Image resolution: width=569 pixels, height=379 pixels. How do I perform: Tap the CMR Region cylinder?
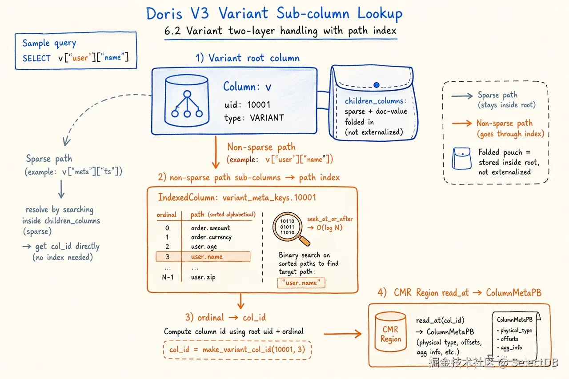(x=390, y=332)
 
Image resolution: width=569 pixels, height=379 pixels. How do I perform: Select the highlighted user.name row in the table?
(x=203, y=257)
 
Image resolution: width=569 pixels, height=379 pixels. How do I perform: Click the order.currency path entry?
(x=211, y=237)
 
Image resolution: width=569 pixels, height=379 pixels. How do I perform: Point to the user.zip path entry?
(x=203, y=277)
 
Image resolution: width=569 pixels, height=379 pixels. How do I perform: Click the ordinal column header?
(x=166, y=215)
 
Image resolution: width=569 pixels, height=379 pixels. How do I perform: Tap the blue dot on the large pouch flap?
(x=377, y=85)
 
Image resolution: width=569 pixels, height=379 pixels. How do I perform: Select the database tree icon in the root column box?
(x=187, y=101)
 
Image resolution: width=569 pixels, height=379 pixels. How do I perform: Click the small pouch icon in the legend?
(x=461, y=159)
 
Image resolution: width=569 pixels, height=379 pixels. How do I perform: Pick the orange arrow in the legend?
(x=461, y=124)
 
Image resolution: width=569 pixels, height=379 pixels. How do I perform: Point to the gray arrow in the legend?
(x=462, y=96)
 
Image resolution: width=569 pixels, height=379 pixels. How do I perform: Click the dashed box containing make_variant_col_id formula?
(x=237, y=350)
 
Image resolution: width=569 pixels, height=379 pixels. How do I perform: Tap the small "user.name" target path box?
(x=301, y=283)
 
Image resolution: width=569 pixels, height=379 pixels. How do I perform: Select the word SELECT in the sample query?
(x=36, y=58)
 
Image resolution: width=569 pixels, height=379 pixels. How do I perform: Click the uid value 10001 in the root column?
(x=259, y=104)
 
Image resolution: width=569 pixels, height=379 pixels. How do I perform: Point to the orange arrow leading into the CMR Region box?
(x=343, y=334)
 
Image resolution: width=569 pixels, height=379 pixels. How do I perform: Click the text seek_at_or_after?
(x=330, y=219)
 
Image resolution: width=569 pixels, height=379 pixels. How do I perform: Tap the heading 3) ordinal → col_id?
(x=225, y=317)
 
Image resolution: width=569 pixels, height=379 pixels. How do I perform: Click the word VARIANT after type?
(x=267, y=118)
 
